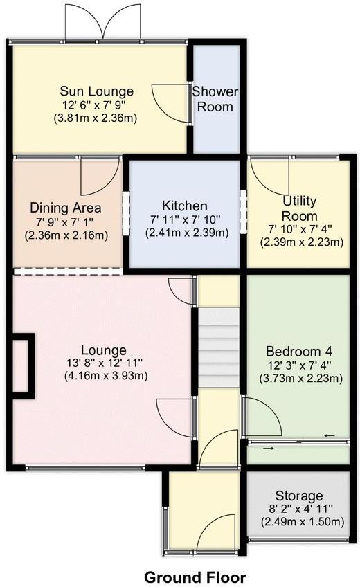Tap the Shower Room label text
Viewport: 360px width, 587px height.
(215, 99)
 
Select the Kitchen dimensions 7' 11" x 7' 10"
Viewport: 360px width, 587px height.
(184, 220)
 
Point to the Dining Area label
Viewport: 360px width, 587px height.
(66, 208)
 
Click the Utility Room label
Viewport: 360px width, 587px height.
(299, 208)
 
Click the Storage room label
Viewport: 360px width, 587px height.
(299, 496)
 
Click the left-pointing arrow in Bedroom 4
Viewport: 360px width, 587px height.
(329, 435)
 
